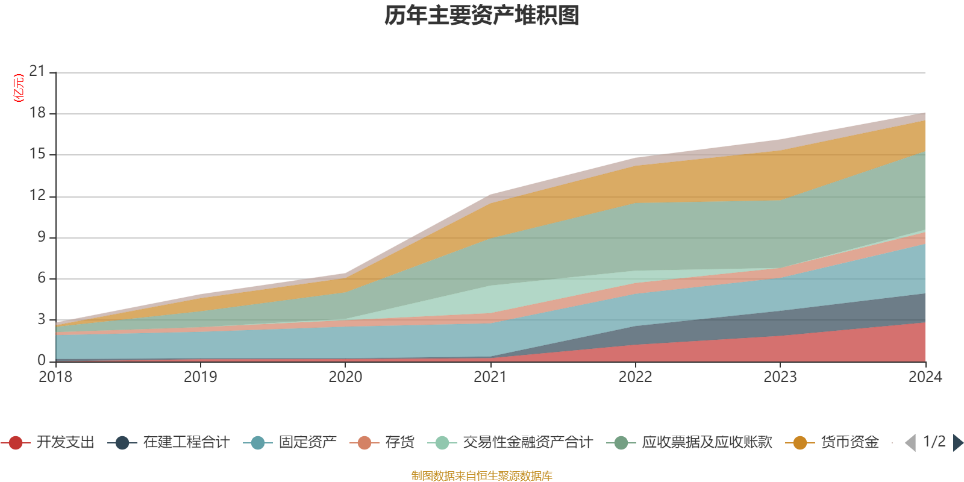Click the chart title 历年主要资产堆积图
pos(482,16)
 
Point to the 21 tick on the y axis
pos(37,72)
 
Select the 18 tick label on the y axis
pos(37,113)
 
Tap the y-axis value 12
pos(37,195)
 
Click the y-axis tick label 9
pos(41,237)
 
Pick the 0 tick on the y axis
pos(41,360)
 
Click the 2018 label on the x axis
pos(55,377)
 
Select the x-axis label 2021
pos(490,377)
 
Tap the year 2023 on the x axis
pos(780,377)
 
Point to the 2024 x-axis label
pos(925,377)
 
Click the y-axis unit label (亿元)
pos(19,88)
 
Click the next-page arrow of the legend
pos(957,443)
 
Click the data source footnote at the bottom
pos(482,476)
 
